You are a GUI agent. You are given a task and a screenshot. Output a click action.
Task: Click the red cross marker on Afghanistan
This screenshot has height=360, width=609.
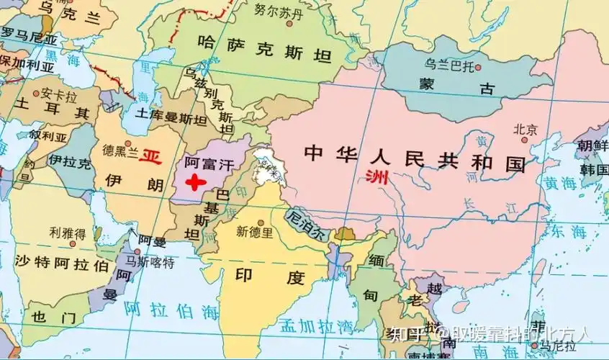pos(194,181)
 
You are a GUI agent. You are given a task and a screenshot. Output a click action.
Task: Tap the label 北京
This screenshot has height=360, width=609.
pos(525,130)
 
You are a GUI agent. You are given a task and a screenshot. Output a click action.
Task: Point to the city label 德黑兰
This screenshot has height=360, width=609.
pos(118,150)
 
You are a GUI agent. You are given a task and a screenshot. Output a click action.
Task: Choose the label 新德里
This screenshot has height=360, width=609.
pos(255,232)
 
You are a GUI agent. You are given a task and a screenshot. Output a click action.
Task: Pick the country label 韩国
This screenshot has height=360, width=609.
pos(595,170)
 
